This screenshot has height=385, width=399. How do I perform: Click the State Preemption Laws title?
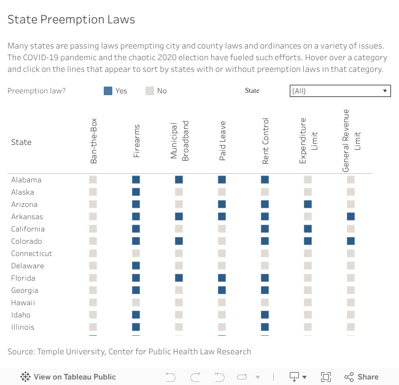(x=71, y=20)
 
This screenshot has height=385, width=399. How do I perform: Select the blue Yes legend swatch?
(x=108, y=91)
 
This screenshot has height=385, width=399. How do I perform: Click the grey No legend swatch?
(x=150, y=91)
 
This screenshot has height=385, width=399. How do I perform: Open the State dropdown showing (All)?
(x=340, y=91)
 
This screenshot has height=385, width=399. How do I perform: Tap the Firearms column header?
(x=136, y=142)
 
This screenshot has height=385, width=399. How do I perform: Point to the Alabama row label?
(x=26, y=180)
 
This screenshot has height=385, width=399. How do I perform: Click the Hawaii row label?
(x=23, y=303)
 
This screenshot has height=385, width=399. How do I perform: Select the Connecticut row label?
(x=32, y=254)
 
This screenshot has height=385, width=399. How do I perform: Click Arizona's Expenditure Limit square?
(x=308, y=204)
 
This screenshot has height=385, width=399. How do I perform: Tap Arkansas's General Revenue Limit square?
(x=351, y=217)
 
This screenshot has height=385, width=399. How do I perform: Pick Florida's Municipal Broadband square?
(x=179, y=278)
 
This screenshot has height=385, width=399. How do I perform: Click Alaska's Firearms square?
(x=136, y=192)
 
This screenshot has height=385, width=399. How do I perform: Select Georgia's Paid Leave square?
(x=222, y=290)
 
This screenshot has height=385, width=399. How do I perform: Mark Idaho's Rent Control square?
(x=265, y=315)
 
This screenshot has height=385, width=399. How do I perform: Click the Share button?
(x=362, y=377)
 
